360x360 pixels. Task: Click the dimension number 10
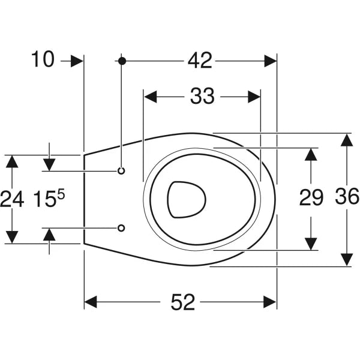(43, 59)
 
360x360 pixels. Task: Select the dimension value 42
(200, 61)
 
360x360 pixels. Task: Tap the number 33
(202, 96)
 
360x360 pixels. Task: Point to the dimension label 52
(183, 302)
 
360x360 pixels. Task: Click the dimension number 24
(12, 199)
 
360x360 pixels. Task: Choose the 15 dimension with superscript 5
(49, 199)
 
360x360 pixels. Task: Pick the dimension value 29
(311, 198)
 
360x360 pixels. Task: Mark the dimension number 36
(347, 196)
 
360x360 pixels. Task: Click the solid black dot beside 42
(122, 61)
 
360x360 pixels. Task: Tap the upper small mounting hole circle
(121, 171)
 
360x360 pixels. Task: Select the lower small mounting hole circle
(121, 228)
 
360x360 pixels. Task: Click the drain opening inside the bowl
(187, 200)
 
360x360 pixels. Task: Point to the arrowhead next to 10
(77, 61)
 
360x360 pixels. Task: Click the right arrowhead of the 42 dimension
(270, 61)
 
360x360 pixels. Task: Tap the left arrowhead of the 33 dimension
(151, 97)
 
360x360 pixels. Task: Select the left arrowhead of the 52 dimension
(91, 302)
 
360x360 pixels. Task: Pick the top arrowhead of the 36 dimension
(347, 140)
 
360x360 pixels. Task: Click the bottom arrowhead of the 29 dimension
(311, 244)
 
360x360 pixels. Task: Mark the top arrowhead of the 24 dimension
(12, 161)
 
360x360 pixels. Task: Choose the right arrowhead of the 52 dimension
(270, 302)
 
